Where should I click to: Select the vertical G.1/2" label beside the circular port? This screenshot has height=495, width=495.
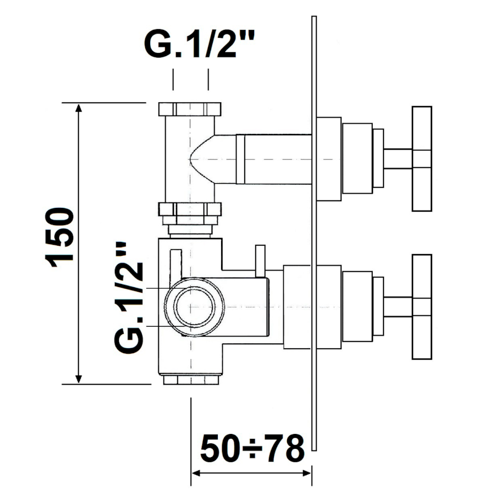point(131,297)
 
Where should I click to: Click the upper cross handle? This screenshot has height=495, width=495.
point(422,158)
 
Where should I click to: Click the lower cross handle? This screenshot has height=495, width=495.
point(422,307)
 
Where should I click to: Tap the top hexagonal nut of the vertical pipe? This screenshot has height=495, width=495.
point(190,109)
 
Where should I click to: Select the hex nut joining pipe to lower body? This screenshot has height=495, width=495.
point(190,210)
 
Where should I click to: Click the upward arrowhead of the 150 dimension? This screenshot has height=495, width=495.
point(79,109)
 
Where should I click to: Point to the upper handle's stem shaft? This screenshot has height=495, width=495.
point(397,158)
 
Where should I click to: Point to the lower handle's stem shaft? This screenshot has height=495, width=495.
point(397,307)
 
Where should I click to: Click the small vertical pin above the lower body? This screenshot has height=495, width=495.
point(260,259)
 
